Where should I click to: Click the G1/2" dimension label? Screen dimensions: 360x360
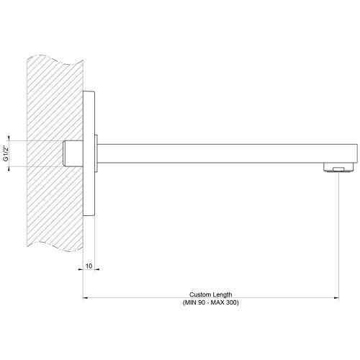(x=6, y=153)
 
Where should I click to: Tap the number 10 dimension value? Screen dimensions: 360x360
(x=89, y=266)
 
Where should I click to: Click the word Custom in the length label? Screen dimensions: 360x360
(x=199, y=294)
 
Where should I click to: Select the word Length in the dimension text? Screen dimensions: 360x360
(x=221, y=294)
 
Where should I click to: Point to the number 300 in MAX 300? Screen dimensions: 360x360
(x=232, y=302)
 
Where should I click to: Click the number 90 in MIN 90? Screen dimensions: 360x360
(x=202, y=302)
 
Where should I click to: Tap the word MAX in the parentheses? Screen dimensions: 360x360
(x=217, y=302)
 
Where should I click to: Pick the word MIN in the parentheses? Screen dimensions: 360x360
(x=190, y=302)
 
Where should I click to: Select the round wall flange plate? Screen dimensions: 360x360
(x=89, y=153)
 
